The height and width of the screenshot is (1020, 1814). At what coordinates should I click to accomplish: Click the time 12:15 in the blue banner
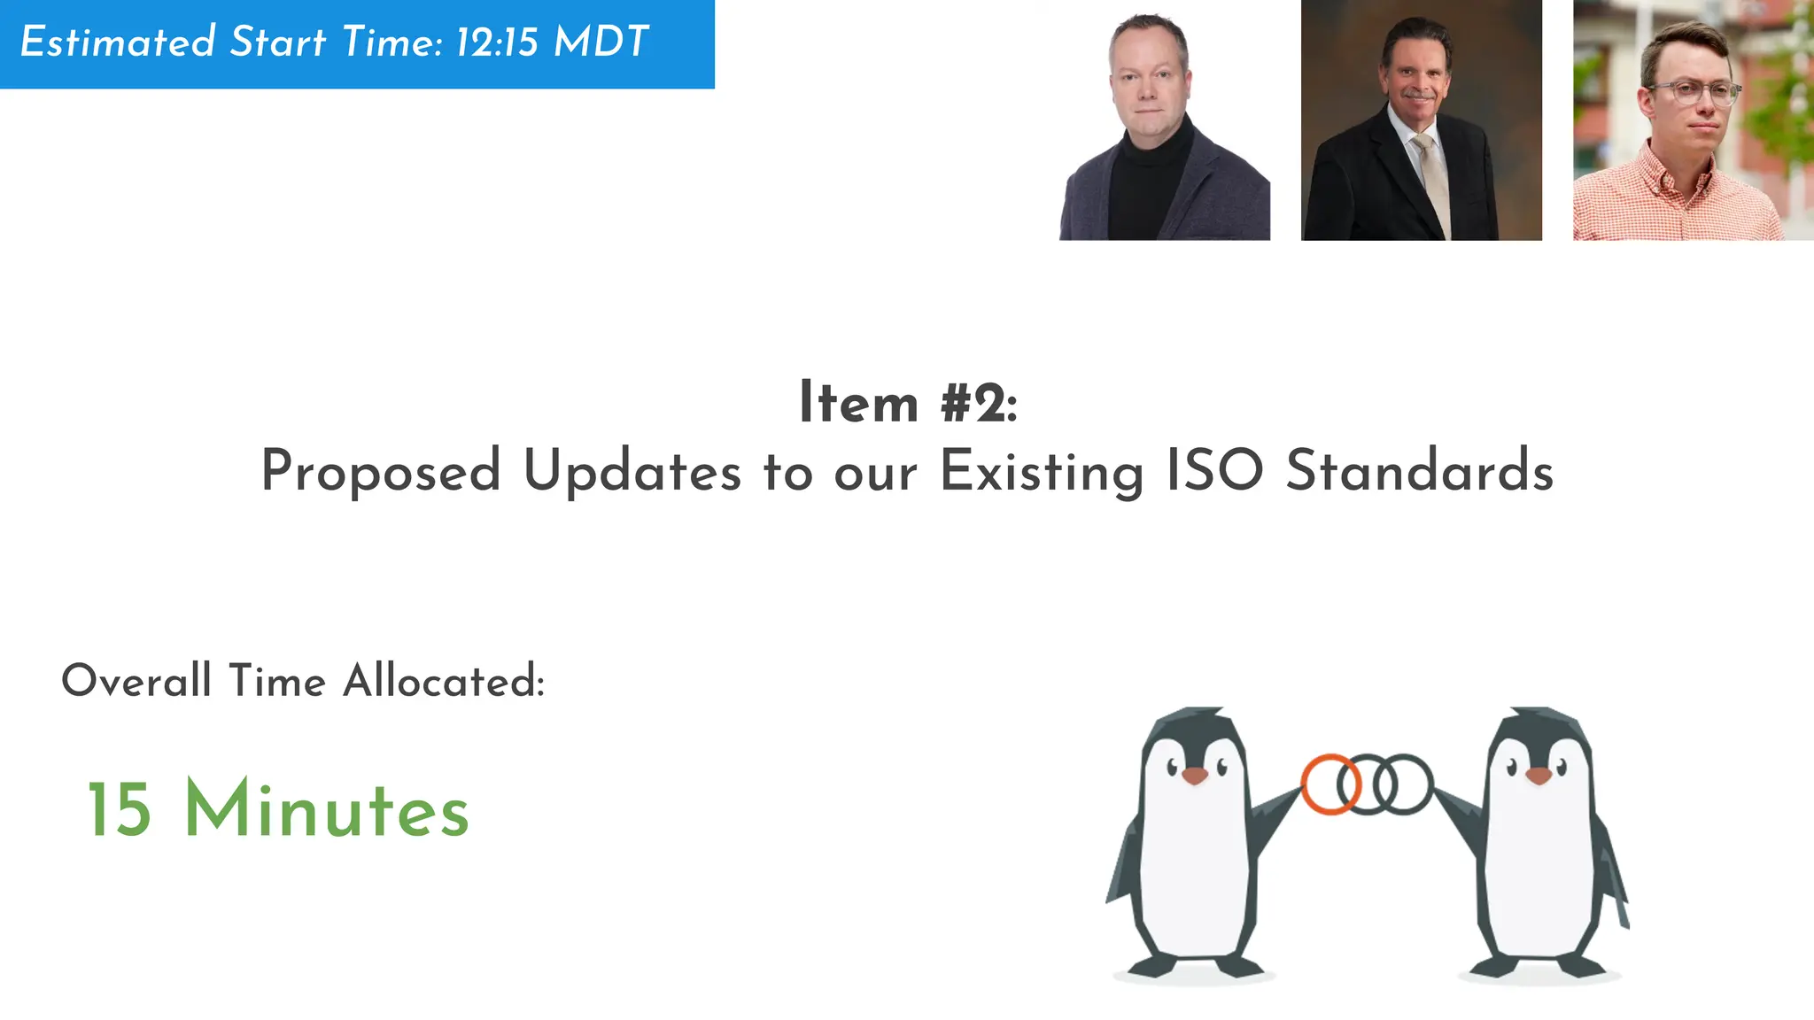tap(497, 42)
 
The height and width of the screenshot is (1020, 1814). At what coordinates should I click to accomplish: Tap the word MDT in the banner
tap(601, 42)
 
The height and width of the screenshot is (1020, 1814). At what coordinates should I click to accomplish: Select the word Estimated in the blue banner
tap(118, 42)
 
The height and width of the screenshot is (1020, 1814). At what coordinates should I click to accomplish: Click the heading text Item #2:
tap(908, 403)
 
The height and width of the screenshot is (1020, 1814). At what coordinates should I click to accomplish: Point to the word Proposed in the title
tap(381, 471)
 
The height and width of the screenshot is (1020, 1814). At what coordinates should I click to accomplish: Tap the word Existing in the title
tap(1041, 472)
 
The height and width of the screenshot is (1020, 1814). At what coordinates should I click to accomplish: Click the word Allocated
tap(444, 681)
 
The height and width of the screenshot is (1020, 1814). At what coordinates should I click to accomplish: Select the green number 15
tap(120, 809)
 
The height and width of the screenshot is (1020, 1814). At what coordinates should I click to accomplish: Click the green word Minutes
tap(326, 809)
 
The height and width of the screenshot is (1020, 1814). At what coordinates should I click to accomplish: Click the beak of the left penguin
tap(1195, 776)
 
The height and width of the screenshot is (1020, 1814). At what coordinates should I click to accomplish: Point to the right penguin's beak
tap(1539, 776)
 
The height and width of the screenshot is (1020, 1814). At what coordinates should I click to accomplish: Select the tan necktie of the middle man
tap(1431, 177)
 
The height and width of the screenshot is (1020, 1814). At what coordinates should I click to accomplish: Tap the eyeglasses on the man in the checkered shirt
tap(1694, 93)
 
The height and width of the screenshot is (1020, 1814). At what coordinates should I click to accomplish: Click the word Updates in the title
tap(632, 471)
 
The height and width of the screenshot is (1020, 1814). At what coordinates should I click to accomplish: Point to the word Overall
tap(136, 681)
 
